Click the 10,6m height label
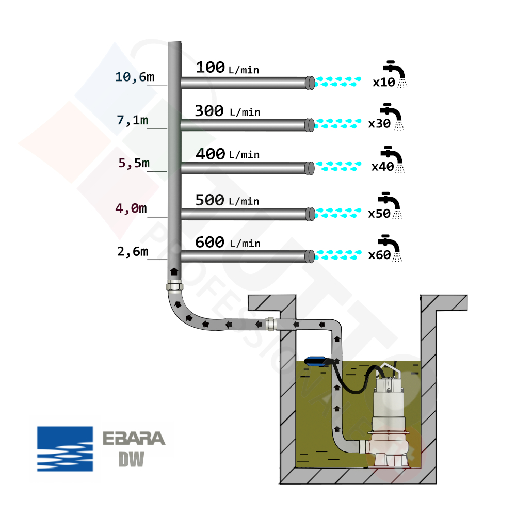coord(134,77)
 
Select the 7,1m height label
coord(133,120)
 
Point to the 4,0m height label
coord(131,209)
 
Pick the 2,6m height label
coord(133,252)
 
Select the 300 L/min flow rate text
coord(227,111)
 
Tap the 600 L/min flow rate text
coord(227,242)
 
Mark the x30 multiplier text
coord(379,124)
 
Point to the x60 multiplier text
coord(379,255)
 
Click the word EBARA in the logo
coord(134,439)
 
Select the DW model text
coord(131,459)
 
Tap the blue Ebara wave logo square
coord(65,449)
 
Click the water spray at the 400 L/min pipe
coord(338,166)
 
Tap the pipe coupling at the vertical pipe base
coord(174,286)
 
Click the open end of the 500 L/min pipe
coord(310,213)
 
